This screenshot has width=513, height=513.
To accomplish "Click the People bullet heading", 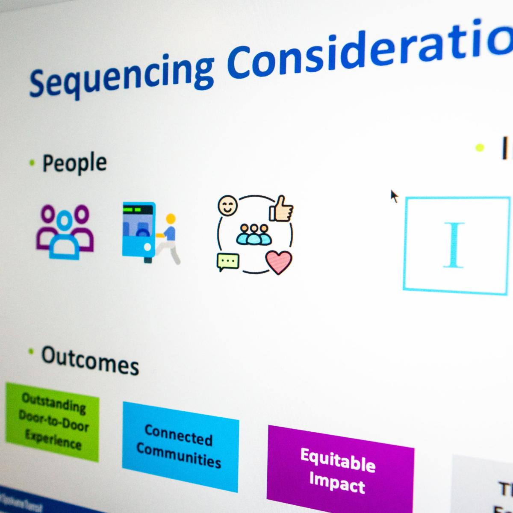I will pyautogui.click(x=74, y=162).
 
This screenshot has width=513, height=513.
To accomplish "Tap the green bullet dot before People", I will pyautogui.click(x=31, y=162).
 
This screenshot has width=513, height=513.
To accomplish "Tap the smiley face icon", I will pyautogui.click(x=227, y=206).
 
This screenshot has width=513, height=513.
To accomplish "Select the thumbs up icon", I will pyautogui.click(x=281, y=208).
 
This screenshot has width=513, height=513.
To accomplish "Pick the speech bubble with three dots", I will pyautogui.click(x=228, y=261).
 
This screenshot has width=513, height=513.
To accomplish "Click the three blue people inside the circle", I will pyautogui.click(x=254, y=234).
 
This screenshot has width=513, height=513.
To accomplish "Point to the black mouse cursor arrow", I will pyautogui.click(x=394, y=196).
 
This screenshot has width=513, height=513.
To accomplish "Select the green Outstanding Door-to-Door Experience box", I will pyautogui.click(x=53, y=421).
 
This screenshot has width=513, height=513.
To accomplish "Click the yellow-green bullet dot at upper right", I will pyautogui.click(x=480, y=148).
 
